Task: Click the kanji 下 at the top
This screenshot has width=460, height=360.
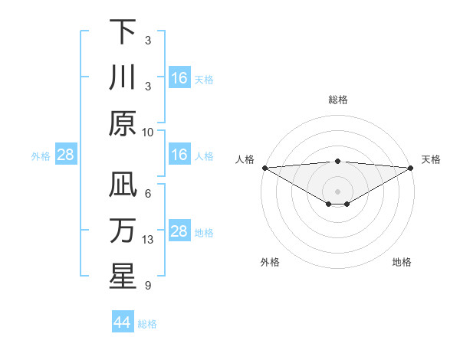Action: (123, 32)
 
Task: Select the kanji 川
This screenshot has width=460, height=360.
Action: (123, 79)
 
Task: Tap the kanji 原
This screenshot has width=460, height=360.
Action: (123, 125)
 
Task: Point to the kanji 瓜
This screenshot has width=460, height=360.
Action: (123, 185)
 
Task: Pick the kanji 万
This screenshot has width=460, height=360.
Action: (123, 231)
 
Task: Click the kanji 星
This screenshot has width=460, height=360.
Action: (123, 277)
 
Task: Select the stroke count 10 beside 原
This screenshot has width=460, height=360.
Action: (148, 132)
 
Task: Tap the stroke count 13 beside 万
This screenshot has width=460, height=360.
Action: (148, 239)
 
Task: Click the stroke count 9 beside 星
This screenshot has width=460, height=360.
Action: (148, 286)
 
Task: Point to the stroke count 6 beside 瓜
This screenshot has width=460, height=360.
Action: (148, 193)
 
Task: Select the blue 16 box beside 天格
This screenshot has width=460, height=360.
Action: (179, 78)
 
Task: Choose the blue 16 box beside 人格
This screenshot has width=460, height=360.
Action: (179, 155)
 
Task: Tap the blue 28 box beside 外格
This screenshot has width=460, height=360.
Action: (65, 155)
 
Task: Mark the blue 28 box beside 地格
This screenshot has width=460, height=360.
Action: (179, 232)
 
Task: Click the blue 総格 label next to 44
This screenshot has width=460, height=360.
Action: (147, 324)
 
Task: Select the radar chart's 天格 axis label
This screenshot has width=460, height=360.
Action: (431, 159)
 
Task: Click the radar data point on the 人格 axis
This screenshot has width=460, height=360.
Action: (264, 168)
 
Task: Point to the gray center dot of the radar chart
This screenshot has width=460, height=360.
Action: (337, 190)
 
